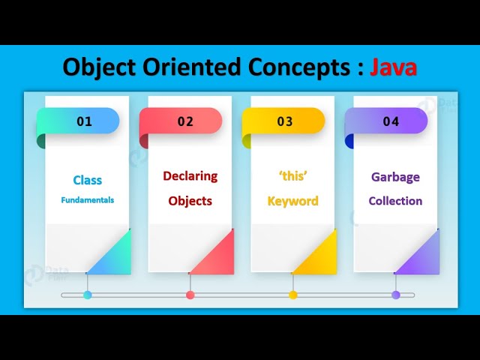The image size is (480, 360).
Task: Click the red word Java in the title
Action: [x=394, y=67]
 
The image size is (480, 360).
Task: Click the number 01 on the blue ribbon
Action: [x=84, y=121]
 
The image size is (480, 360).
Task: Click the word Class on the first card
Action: [x=87, y=180]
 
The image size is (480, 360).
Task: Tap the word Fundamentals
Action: [x=87, y=200]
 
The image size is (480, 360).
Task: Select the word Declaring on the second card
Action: [x=190, y=176]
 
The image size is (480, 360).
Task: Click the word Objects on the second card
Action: [x=190, y=201]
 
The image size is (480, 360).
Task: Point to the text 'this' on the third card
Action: [x=292, y=176]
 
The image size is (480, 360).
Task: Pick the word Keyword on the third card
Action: [x=292, y=201]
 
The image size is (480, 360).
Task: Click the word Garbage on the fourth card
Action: [x=395, y=178]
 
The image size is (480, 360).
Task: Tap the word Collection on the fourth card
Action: [x=395, y=201]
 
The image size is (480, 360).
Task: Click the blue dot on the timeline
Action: [x=88, y=295]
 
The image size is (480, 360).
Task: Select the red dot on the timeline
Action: [x=190, y=295]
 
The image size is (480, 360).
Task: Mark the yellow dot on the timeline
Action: [x=293, y=295]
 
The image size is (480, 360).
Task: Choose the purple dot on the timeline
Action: [x=396, y=295]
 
